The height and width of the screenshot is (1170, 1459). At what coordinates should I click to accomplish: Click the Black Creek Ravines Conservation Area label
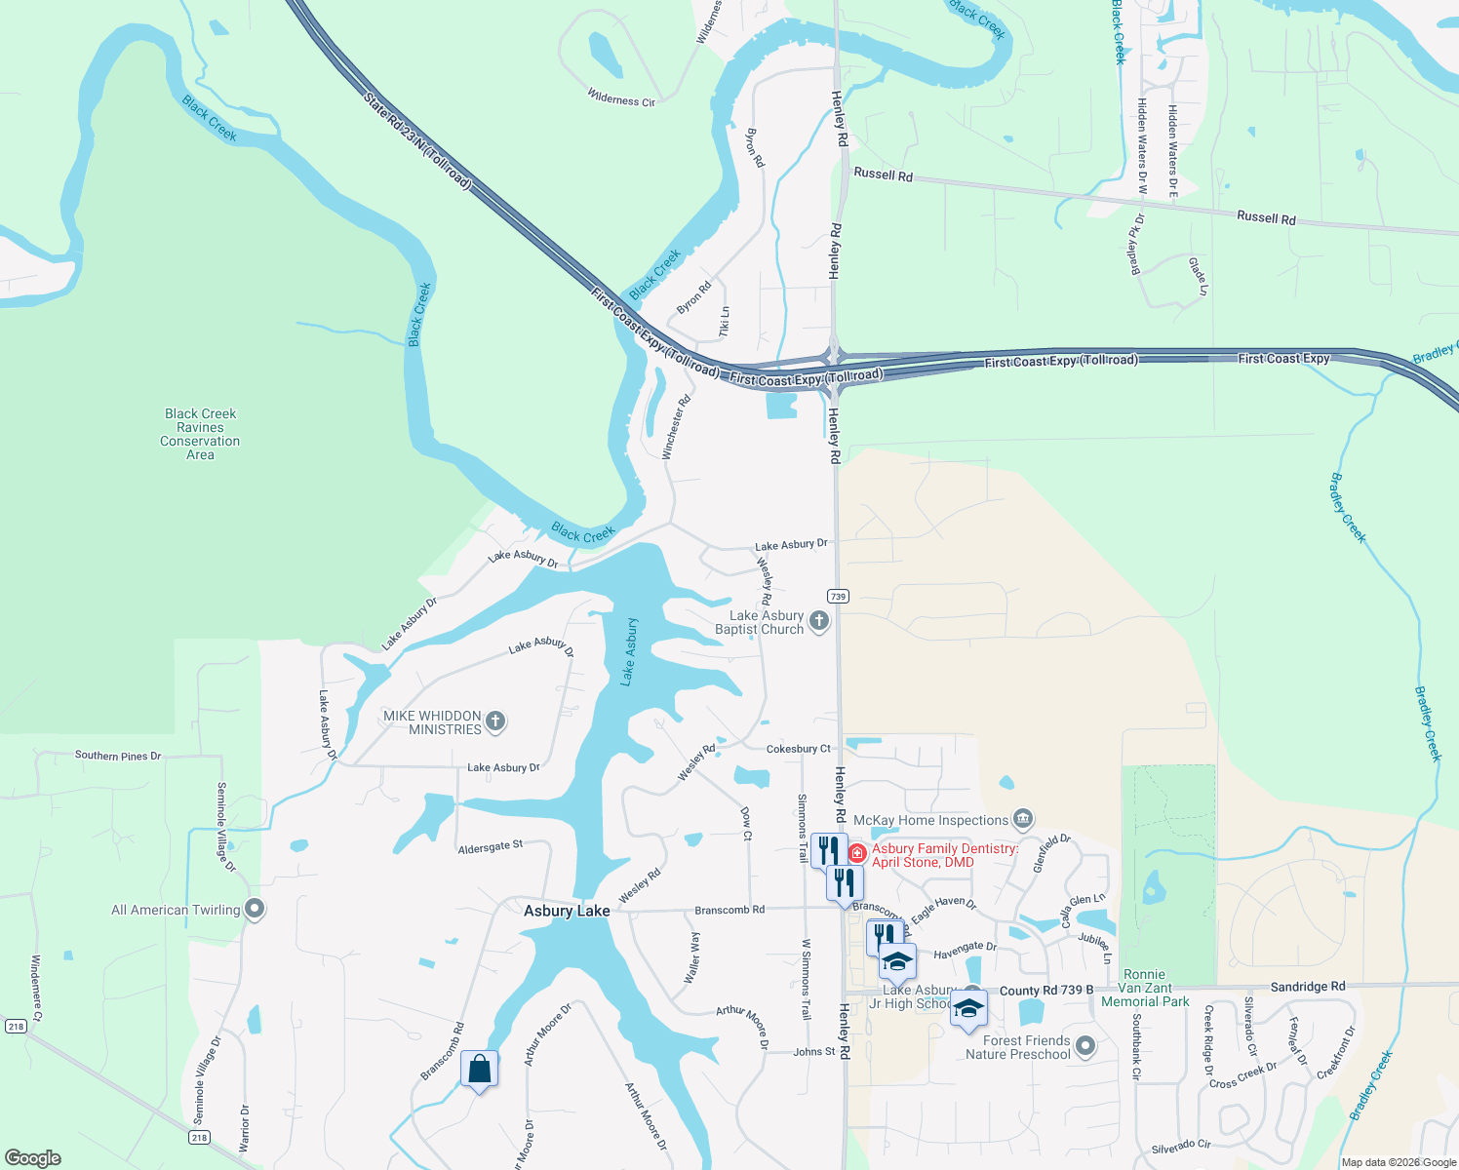200,434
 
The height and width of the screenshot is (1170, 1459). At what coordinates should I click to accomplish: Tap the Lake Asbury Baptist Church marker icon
819,620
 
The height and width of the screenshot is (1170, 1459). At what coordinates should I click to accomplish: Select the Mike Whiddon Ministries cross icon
495,721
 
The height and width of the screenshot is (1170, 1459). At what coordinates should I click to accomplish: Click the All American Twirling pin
255,909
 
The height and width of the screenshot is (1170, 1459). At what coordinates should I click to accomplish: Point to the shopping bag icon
479,1070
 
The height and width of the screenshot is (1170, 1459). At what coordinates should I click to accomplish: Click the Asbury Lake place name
567,911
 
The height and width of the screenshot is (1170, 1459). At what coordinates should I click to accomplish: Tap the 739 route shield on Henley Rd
838,596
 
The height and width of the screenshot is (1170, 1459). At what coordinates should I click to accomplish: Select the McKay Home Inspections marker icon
1023,819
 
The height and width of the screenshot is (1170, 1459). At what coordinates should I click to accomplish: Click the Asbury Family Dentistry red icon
857,854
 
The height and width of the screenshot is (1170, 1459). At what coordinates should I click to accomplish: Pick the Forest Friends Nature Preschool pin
1085,1046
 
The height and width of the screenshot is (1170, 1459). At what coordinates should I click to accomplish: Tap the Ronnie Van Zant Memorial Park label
1145,988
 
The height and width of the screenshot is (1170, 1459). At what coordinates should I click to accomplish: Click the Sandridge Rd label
1307,987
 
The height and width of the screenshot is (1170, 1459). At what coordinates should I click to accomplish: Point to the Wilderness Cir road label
621,98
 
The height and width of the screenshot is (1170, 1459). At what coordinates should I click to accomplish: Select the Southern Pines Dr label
118,756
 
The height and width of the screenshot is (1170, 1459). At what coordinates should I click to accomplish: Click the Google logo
33,1158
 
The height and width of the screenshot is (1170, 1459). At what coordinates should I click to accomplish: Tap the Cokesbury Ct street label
798,749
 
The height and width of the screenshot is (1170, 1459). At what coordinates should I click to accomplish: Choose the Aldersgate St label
491,847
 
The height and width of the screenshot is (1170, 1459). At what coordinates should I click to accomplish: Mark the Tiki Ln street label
725,322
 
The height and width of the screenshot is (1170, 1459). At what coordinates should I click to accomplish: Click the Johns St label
814,1052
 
